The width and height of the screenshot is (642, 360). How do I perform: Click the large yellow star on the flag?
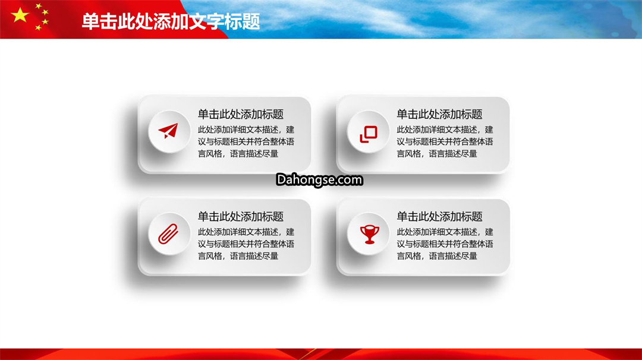[x=20, y=15]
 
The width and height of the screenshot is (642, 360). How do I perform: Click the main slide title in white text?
[x=171, y=21]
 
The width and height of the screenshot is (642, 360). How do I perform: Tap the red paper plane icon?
[x=168, y=131]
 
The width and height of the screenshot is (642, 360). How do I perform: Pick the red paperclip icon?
[x=168, y=233]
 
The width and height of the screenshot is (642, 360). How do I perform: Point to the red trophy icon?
[x=369, y=235]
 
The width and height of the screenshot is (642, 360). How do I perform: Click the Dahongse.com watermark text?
[x=319, y=179]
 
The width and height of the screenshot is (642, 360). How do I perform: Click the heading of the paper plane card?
[x=241, y=114]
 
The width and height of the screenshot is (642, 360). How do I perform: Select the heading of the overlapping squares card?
[x=439, y=114]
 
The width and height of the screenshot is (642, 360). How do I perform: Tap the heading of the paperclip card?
[x=241, y=216]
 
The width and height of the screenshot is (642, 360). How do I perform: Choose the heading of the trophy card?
[x=439, y=216]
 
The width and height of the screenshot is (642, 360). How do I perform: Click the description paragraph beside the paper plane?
[x=246, y=141]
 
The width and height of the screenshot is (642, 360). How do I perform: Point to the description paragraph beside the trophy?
[x=445, y=244]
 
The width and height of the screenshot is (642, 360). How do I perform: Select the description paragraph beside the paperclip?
[x=246, y=244]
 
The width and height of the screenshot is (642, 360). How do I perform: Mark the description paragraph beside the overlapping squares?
[x=445, y=141]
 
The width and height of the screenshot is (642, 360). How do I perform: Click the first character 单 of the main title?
[x=90, y=21]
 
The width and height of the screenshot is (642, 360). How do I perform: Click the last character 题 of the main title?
[x=251, y=21]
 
